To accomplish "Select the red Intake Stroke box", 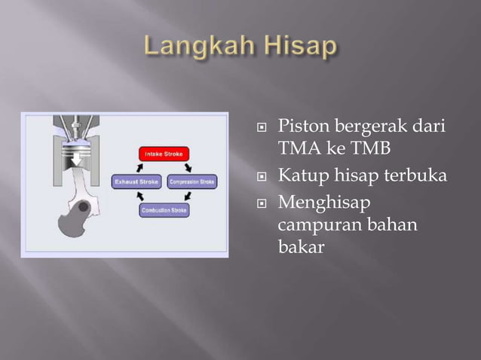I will (164, 154).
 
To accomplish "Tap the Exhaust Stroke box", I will (136, 182).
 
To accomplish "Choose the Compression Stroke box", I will (192, 182).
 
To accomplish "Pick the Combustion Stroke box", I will (164, 210).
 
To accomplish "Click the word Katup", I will (301, 176).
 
